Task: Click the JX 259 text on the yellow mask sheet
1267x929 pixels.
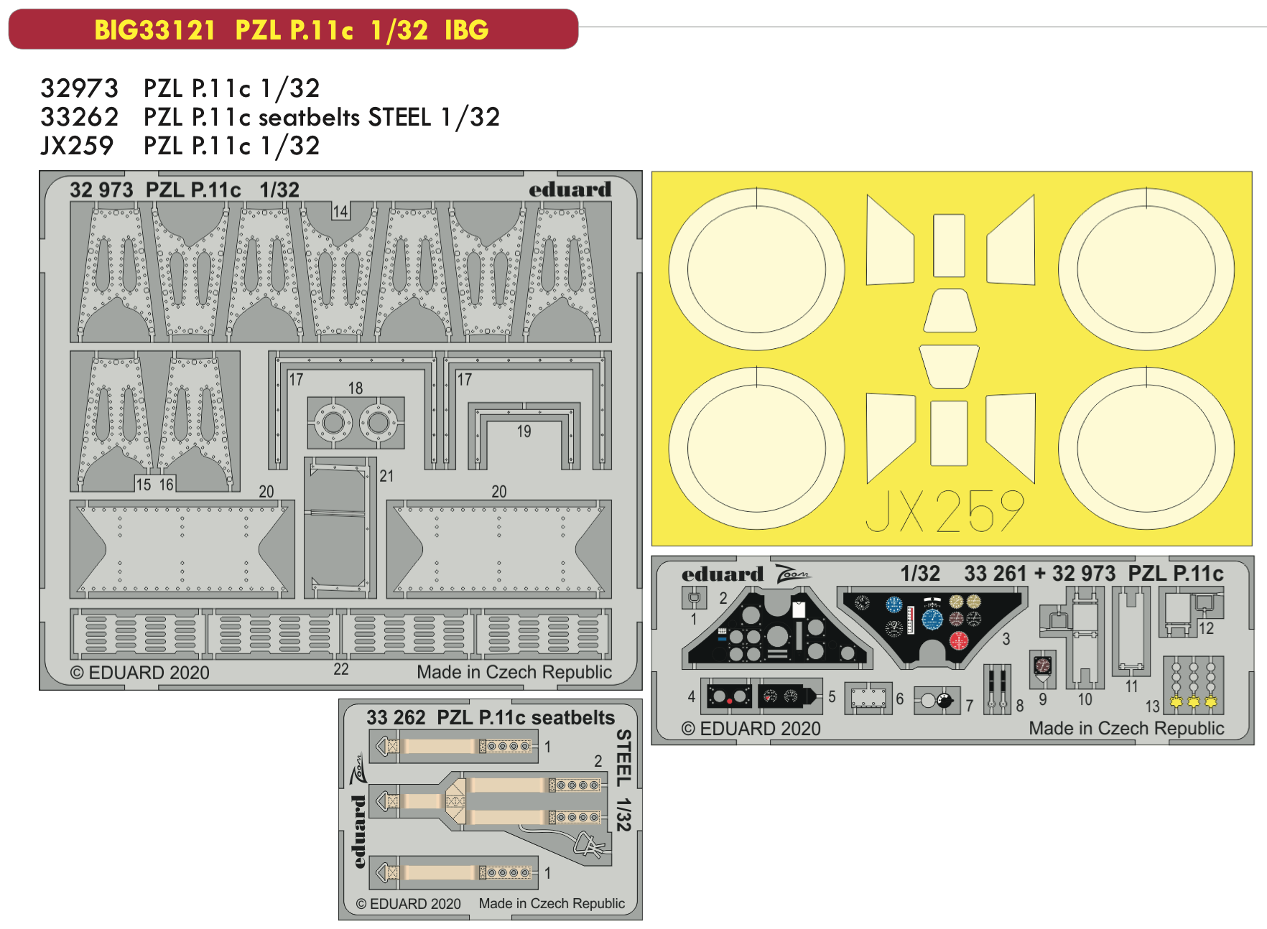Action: click(x=945, y=511)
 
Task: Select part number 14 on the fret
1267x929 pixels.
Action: click(x=340, y=212)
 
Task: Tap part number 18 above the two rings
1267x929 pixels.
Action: click(x=356, y=388)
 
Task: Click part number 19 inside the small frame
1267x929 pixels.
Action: click(x=524, y=431)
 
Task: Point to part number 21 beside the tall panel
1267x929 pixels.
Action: click(x=386, y=476)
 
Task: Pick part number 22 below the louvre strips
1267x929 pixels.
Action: click(x=341, y=669)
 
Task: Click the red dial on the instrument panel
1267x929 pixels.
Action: click(x=958, y=640)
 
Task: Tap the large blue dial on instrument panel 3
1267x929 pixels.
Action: click(x=932, y=618)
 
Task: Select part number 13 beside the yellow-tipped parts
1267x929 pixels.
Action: click(x=1153, y=706)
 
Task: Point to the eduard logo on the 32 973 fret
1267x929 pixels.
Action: click(x=570, y=190)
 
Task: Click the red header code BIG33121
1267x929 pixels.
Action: click(x=154, y=30)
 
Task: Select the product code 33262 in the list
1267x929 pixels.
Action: click(x=79, y=117)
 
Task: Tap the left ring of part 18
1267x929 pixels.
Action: click(x=333, y=423)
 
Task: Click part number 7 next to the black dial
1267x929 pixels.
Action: click(x=969, y=706)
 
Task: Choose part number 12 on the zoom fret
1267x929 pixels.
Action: click(x=1206, y=628)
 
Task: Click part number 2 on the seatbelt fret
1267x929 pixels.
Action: click(x=598, y=761)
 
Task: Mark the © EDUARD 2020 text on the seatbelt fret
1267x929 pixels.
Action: click(x=409, y=904)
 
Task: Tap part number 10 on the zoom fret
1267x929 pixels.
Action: click(x=1085, y=699)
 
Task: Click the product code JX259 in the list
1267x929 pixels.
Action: click(x=77, y=146)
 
